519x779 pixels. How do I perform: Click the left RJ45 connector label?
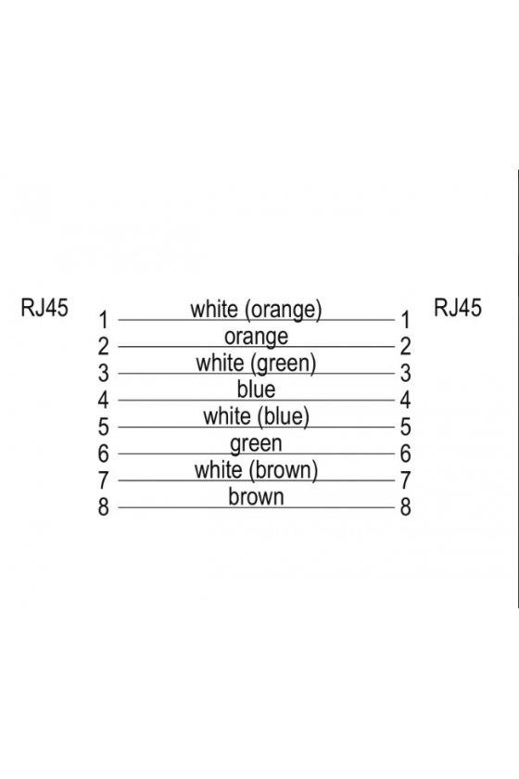tap(44, 308)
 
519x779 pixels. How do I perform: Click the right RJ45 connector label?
tap(458, 308)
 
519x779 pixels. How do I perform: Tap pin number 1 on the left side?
tap(103, 320)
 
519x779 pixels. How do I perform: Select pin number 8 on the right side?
tap(406, 507)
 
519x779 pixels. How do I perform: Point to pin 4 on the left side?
tap(103, 400)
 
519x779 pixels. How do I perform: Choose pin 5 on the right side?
tap(406, 427)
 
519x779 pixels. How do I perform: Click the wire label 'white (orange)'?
tap(257, 310)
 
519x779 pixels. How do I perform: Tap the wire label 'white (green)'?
tap(257, 364)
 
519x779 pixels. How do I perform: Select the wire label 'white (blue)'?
tap(257, 416)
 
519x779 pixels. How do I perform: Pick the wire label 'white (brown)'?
tap(257, 470)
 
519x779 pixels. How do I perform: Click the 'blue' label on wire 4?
tap(257, 389)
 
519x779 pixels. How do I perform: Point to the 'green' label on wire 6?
tap(257, 444)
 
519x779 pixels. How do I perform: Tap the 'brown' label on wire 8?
tap(257, 497)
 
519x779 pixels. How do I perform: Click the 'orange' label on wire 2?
tap(257, 338)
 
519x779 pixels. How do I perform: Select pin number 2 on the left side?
tap(103, 346)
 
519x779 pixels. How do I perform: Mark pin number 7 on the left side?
tap(103, 480)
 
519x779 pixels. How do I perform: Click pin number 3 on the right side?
tap(406, 373)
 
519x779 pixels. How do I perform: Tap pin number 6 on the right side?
tap(406, 453)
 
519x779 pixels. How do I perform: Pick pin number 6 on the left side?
tap(103, 453)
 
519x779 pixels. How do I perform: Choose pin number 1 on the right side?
tap(406, 320)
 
